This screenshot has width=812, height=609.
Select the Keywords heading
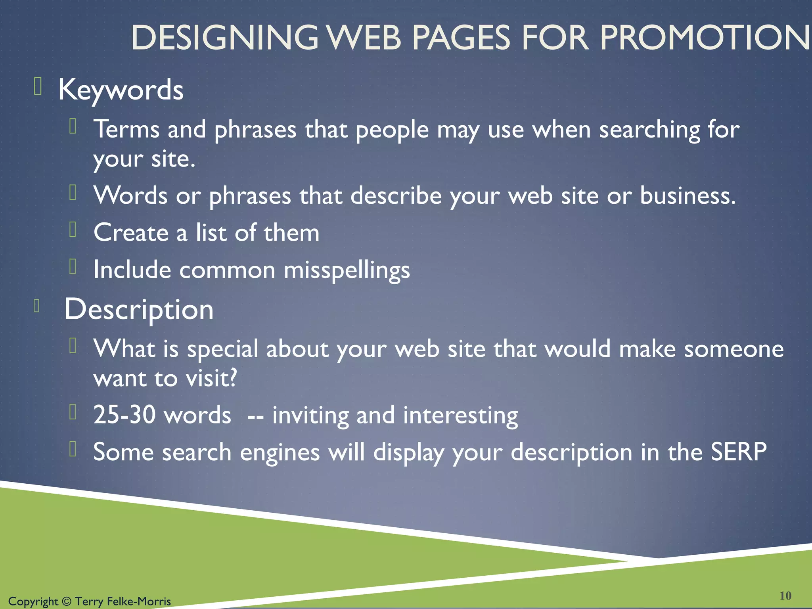[x=121, y=90]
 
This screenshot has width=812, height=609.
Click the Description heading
[x=139, y=310]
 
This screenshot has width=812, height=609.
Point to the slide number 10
[x=785, y=596]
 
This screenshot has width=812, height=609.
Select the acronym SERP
[x=738, y=452]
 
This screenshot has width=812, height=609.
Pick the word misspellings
[x=347, y=270]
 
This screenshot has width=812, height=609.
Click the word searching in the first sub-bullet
[x=649, y=130]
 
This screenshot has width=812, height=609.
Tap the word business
[x=688, y=196]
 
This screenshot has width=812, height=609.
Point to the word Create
[x=131, y=233]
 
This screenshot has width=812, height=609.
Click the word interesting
[x=460, y=416]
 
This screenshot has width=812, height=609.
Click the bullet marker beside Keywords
[x=38, y=86]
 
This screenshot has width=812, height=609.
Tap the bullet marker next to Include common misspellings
[x=73, y=266]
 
